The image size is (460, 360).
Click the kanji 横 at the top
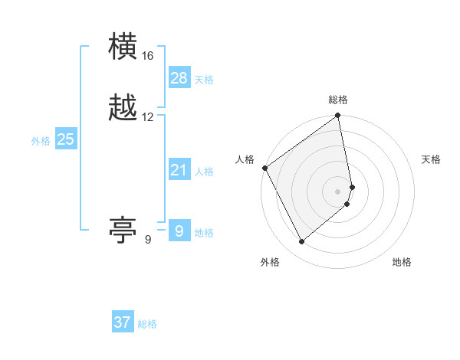coord(123,47)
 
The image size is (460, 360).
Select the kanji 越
coord(123,108)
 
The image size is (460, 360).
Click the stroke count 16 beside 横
coord(148,56)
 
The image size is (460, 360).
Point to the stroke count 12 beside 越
coord(148,117)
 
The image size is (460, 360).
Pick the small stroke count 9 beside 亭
coord(148,240)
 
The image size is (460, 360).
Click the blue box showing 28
coord(179,78)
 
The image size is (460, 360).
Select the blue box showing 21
coord(179,170)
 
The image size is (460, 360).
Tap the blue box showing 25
coord(65,139)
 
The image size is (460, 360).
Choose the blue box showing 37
coord(123,322)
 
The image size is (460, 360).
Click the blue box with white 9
coord(179,231)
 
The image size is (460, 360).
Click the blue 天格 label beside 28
coord(204,80)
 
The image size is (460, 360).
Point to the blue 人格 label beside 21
coord(204,172)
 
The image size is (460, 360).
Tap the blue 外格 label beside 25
coord(41,141)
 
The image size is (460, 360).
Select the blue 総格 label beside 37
coord(147,324)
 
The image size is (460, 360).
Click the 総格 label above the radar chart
coord(338,100)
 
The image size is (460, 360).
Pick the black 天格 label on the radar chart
coord(431,159)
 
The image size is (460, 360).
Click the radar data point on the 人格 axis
coord(265,168)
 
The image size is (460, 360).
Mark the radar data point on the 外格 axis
coord(302,241)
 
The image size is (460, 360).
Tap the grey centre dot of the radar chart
coord(338,191)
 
